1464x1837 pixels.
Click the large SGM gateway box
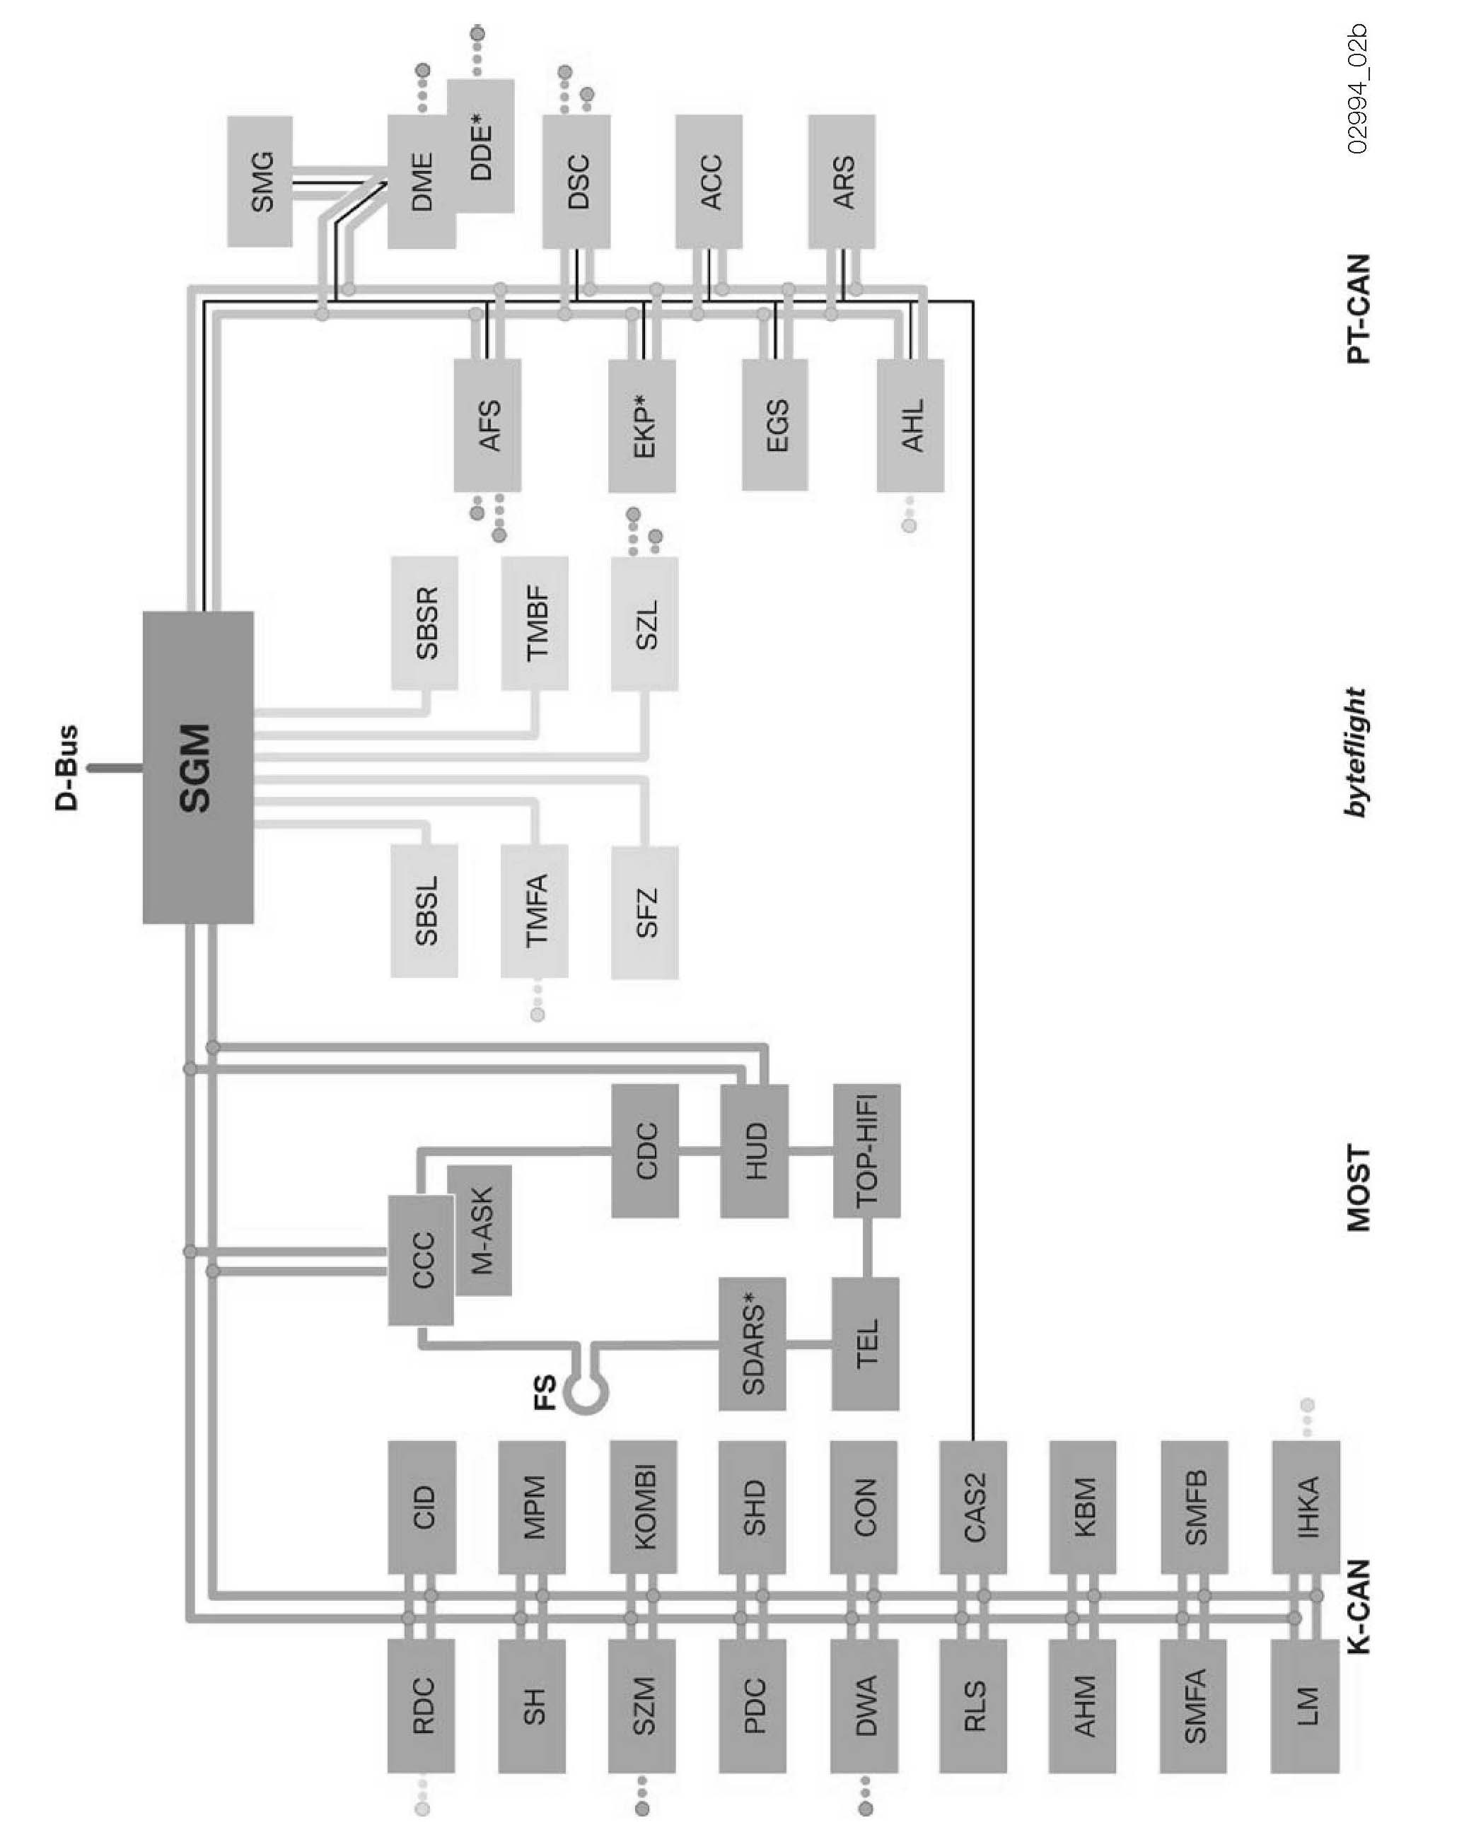point(198,767)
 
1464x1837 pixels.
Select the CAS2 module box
point(972,1506)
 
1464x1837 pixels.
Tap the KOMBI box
point(644,1506)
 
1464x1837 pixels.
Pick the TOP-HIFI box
point(866,1150)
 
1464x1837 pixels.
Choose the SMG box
point(260,182)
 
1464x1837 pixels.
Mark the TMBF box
point(534,623)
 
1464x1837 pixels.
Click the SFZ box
point(645,911)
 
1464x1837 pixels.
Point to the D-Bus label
point(66,767)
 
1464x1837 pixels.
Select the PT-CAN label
point(1359,308)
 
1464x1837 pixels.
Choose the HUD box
point(754,1150)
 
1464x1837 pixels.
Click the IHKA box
point(1305,1506)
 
